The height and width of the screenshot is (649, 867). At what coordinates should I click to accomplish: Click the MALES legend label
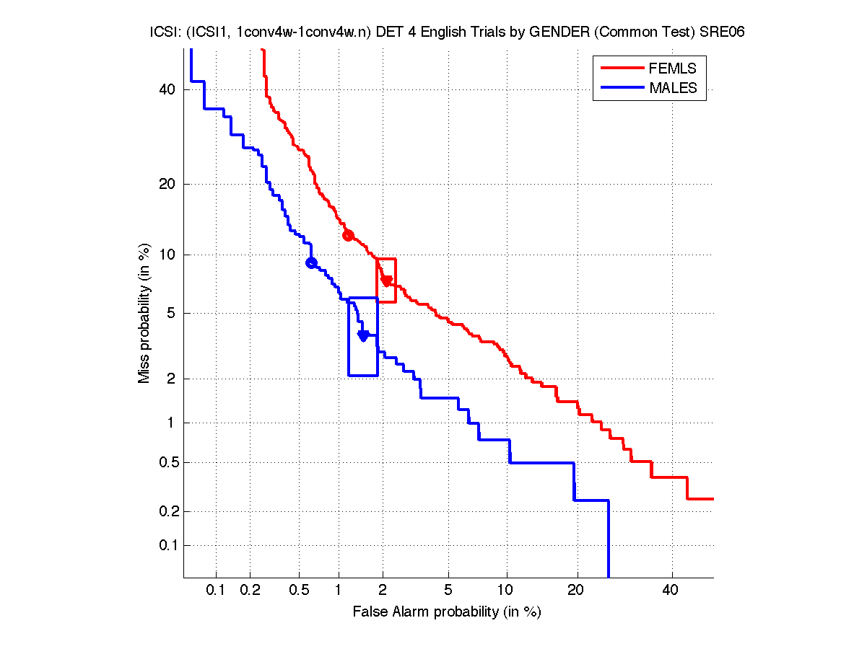673,88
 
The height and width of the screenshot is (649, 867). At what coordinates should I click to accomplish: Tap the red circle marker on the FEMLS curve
348,235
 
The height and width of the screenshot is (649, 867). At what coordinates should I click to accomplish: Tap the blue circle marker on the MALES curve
311,262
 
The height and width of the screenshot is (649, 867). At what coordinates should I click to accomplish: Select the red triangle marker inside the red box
387,281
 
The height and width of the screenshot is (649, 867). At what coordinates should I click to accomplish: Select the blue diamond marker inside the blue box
364,335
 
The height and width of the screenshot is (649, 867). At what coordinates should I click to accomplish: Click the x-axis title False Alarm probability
447,612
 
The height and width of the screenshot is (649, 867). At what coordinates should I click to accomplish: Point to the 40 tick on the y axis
168,89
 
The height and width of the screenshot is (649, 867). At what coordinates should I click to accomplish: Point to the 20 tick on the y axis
168,184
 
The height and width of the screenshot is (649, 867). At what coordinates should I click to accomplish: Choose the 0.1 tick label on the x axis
216,591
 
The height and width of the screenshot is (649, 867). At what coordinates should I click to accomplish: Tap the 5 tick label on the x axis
448,591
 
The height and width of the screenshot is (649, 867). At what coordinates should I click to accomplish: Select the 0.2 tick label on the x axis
250,591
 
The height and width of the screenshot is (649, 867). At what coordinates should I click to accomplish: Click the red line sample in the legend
621,69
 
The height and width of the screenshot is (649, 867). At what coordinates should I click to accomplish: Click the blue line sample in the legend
621,88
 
